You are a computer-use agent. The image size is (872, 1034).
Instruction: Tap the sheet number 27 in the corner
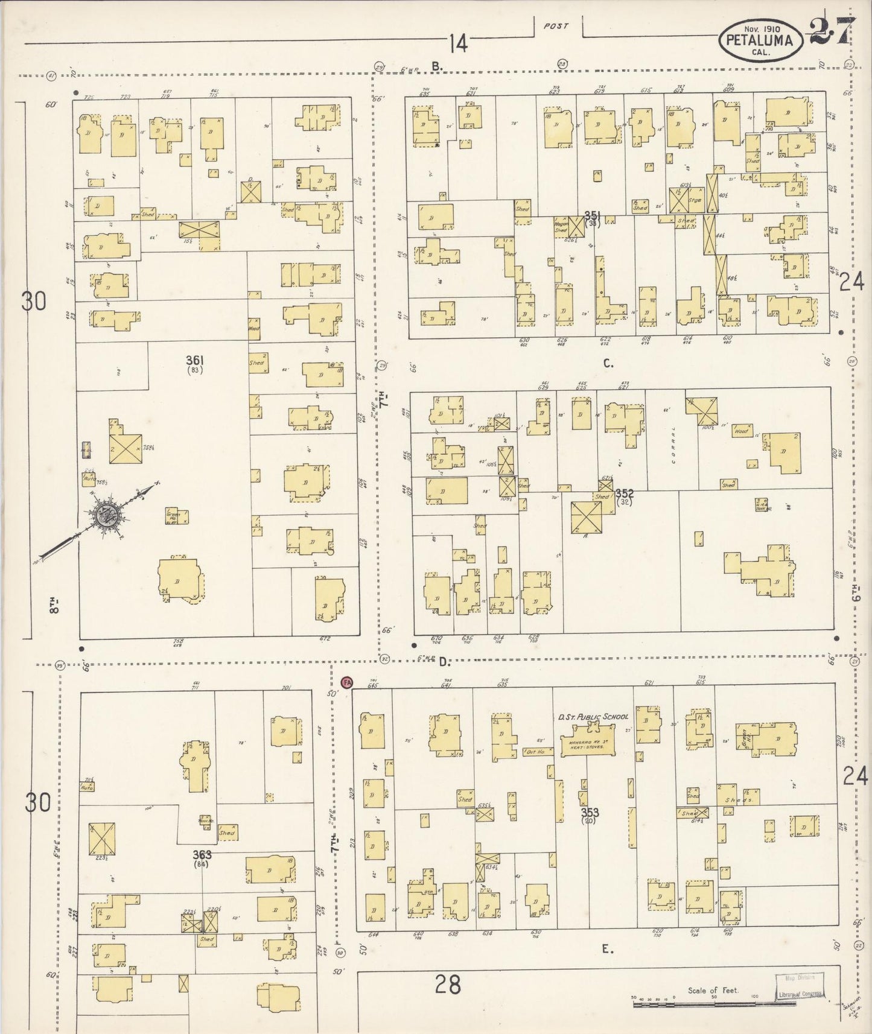832,30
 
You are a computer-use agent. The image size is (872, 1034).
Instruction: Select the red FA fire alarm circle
346,682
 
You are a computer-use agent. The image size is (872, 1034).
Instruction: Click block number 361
195,360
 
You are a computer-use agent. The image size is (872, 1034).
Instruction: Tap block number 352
625,493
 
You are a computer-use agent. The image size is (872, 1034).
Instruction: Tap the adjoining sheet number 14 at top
458,43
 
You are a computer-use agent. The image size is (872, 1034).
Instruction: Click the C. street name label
608,363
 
